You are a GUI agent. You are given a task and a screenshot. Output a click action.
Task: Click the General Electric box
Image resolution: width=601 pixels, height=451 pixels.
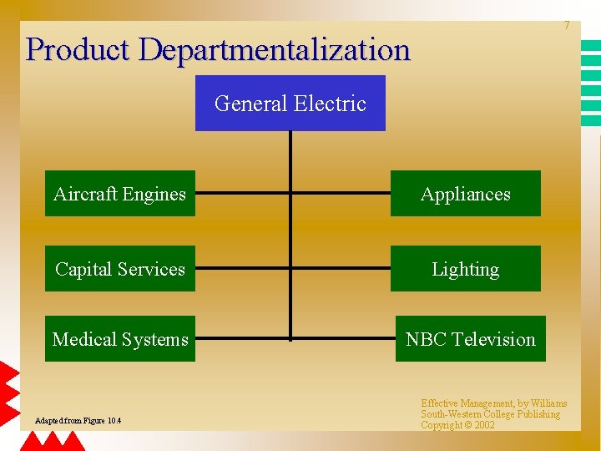(290, 103)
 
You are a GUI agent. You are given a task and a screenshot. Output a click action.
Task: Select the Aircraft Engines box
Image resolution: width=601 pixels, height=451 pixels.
(119, 194)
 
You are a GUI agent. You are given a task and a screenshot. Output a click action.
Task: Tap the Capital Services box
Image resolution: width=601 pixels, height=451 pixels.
(119, 269)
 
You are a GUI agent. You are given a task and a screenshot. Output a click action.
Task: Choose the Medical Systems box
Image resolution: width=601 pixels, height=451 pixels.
(119, 339)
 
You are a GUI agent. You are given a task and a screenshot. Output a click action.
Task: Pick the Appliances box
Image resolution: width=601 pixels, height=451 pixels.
(465, 194)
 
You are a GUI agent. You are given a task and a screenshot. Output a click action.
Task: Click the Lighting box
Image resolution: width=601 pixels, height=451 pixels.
(465, 269)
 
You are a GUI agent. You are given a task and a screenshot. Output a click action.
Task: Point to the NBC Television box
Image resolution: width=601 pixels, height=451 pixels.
(470, 339)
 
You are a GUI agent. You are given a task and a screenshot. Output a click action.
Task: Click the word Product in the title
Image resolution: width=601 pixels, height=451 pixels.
(78, 49)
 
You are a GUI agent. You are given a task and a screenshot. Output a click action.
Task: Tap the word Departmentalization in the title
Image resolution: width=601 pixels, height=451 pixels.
(275, 49)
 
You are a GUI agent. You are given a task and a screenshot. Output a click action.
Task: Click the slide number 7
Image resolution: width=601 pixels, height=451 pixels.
(566, 26)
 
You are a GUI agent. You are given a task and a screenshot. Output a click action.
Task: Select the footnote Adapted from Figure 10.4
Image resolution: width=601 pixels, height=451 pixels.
(78, 420)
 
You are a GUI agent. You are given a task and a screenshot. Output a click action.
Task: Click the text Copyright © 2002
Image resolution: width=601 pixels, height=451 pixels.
(457, 425)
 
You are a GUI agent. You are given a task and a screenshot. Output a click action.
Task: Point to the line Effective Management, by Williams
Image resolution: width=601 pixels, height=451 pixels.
(493, 403)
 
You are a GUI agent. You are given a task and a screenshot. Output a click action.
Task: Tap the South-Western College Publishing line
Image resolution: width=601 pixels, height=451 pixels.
(490, 414)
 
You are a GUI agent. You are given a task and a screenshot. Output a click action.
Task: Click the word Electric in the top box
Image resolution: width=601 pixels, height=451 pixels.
(334, 104)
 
